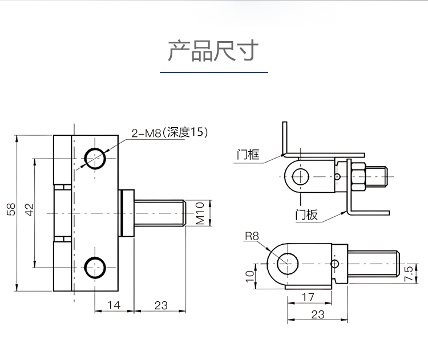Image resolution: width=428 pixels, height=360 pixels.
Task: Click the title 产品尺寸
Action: (213, 51)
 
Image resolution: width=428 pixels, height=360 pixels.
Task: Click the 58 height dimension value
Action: (11, 209)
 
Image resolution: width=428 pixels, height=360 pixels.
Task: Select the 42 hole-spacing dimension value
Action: (30, 209)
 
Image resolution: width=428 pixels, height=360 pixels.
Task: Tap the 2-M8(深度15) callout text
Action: (169, 132)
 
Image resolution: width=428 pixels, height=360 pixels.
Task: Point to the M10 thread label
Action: (200, 213)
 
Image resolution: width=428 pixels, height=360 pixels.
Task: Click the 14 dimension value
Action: (114, 305)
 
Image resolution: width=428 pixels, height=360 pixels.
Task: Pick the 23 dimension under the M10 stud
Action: (161, 305)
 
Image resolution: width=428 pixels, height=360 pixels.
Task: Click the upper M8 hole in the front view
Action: (95, 159)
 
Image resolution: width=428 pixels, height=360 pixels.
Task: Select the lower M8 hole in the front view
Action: (95, 268)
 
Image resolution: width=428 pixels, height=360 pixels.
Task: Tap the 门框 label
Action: (248, 155)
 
